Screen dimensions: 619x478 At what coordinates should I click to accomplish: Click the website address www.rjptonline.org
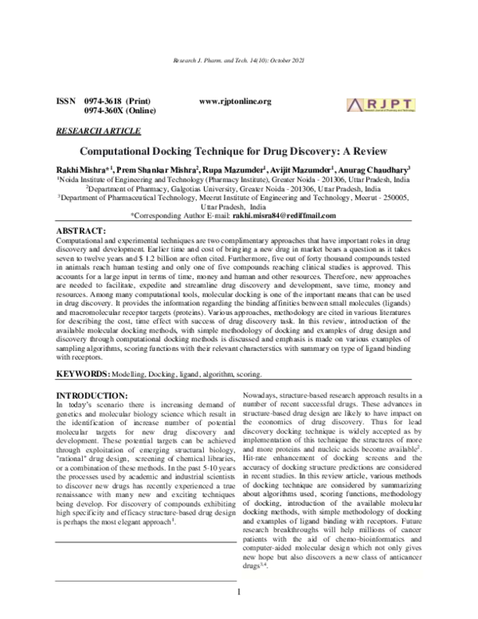[235, 101]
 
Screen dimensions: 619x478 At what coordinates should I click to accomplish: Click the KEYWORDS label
[80, 352]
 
